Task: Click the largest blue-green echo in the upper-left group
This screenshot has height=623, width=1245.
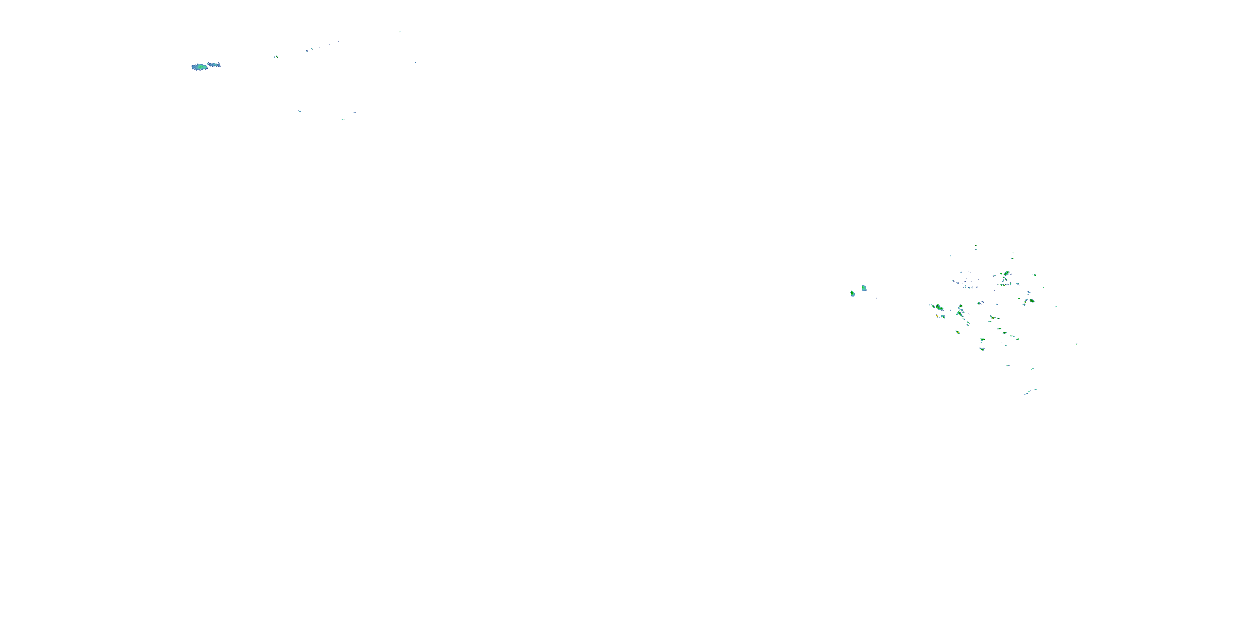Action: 199,67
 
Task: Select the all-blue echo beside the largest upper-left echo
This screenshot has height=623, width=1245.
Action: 214,64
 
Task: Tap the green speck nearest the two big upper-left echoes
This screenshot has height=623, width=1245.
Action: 276,56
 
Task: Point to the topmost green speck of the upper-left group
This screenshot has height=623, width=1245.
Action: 400,32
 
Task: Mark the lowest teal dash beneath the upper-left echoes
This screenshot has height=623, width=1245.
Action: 343,119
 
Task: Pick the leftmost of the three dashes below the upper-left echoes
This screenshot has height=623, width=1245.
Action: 299,111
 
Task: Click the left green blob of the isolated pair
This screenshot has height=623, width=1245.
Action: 852,293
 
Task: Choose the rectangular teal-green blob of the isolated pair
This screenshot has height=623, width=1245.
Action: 864,288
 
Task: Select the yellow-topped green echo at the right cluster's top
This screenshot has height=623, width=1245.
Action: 1007,273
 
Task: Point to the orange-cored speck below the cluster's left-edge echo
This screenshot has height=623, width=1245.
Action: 937,315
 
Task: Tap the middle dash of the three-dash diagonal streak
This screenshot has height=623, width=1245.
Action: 1030,391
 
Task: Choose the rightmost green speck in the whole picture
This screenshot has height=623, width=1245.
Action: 1077,344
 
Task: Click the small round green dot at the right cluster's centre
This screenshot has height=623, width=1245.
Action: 979,303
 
